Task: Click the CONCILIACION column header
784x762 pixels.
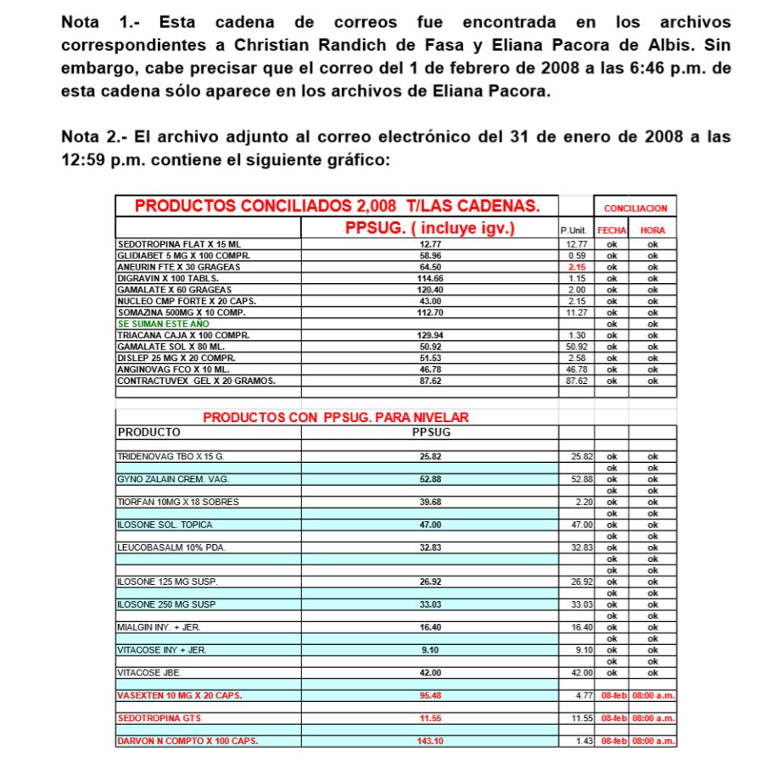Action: click(x=635, y=208)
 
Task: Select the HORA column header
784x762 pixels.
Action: click(x=652, y=230)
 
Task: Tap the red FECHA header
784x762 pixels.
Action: click(x=611, y=230)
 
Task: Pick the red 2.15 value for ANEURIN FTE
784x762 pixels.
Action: click(x=577, y=267)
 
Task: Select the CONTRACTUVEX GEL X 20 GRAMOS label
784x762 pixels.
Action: click(x=196, y=381)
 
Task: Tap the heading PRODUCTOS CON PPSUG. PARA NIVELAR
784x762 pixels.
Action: click(x=335, y=417)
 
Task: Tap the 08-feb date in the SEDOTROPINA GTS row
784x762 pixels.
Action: click(x=611, y=718)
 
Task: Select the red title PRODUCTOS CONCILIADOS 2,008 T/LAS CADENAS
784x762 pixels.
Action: click(x=337, y=206)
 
